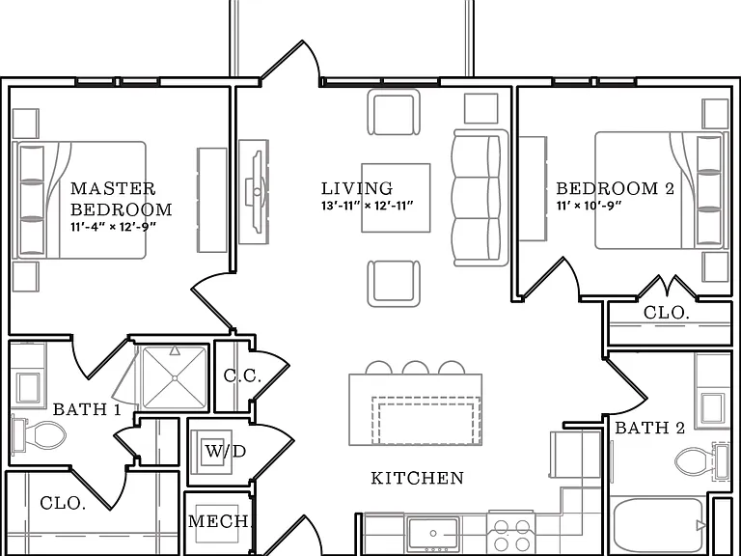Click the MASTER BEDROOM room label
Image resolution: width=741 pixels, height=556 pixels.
(121, 199)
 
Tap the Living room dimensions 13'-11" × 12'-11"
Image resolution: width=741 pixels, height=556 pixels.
(368, 206)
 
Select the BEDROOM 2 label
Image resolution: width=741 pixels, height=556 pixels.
(615, 188)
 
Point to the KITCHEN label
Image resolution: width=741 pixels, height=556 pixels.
(417, 478)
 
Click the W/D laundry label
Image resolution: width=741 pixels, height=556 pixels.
(226, 451)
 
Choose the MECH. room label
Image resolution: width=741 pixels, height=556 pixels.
(219, 521)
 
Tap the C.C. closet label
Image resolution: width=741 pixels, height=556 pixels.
(242, 375)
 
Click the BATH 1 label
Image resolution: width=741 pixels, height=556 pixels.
(87, 409)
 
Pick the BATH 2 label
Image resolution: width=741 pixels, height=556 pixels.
(649, 428)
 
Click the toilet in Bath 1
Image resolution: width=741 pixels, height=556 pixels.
(40, 434)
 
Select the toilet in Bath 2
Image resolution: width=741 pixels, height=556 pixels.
(702, 461)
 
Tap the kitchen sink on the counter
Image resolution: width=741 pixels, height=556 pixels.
(433, 534)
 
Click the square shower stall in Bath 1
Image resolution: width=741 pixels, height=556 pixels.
(175, 377)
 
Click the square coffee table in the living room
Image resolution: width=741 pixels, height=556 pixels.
(396, 198)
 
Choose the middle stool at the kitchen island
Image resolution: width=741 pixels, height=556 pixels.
(416, 368)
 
